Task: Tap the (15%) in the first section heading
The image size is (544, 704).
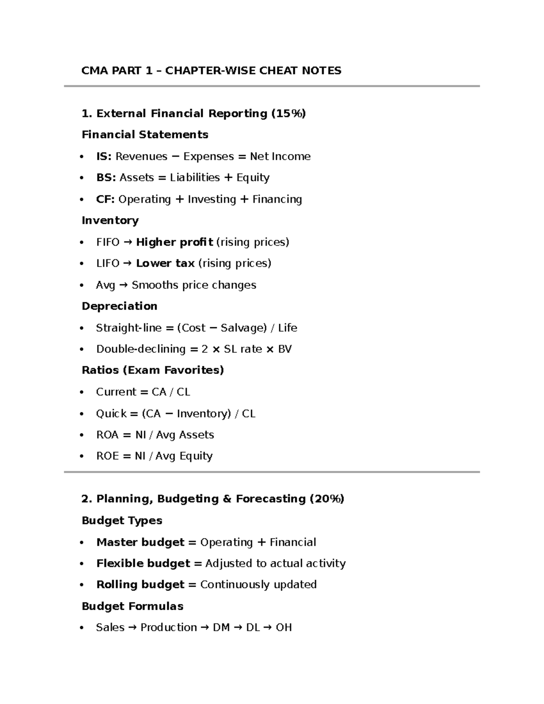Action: tap(288, 113)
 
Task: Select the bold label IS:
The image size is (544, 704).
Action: tap(104, 156)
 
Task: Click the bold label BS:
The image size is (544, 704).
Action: tap(106, 178)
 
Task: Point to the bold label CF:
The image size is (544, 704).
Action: tap(105, 199)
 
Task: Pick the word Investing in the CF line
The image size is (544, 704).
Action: tap(212, 199)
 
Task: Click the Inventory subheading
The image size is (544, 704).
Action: tap(110, 221)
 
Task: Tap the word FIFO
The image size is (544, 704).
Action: tap(108, 242)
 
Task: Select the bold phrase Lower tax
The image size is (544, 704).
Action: tap(165, 263)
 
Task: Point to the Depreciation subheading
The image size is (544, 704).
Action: tap(119, 306)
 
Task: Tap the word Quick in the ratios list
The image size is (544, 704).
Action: tap(111, 413)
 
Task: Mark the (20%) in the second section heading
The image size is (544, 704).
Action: tap(327, 499)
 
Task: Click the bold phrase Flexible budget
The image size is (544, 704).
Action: tap(143, 563)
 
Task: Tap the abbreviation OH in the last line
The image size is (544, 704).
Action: tap(284, 627)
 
